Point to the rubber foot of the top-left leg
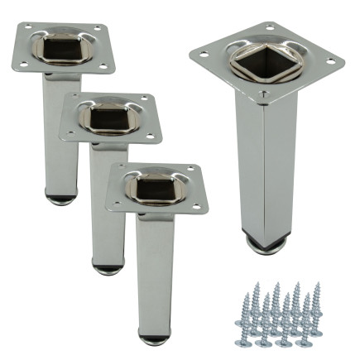click(x=58, y=199)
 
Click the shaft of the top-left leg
click(x=59, y=141)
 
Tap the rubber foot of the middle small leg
click(x=106, y=269)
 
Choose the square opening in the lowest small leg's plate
click(x=155, y=187)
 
